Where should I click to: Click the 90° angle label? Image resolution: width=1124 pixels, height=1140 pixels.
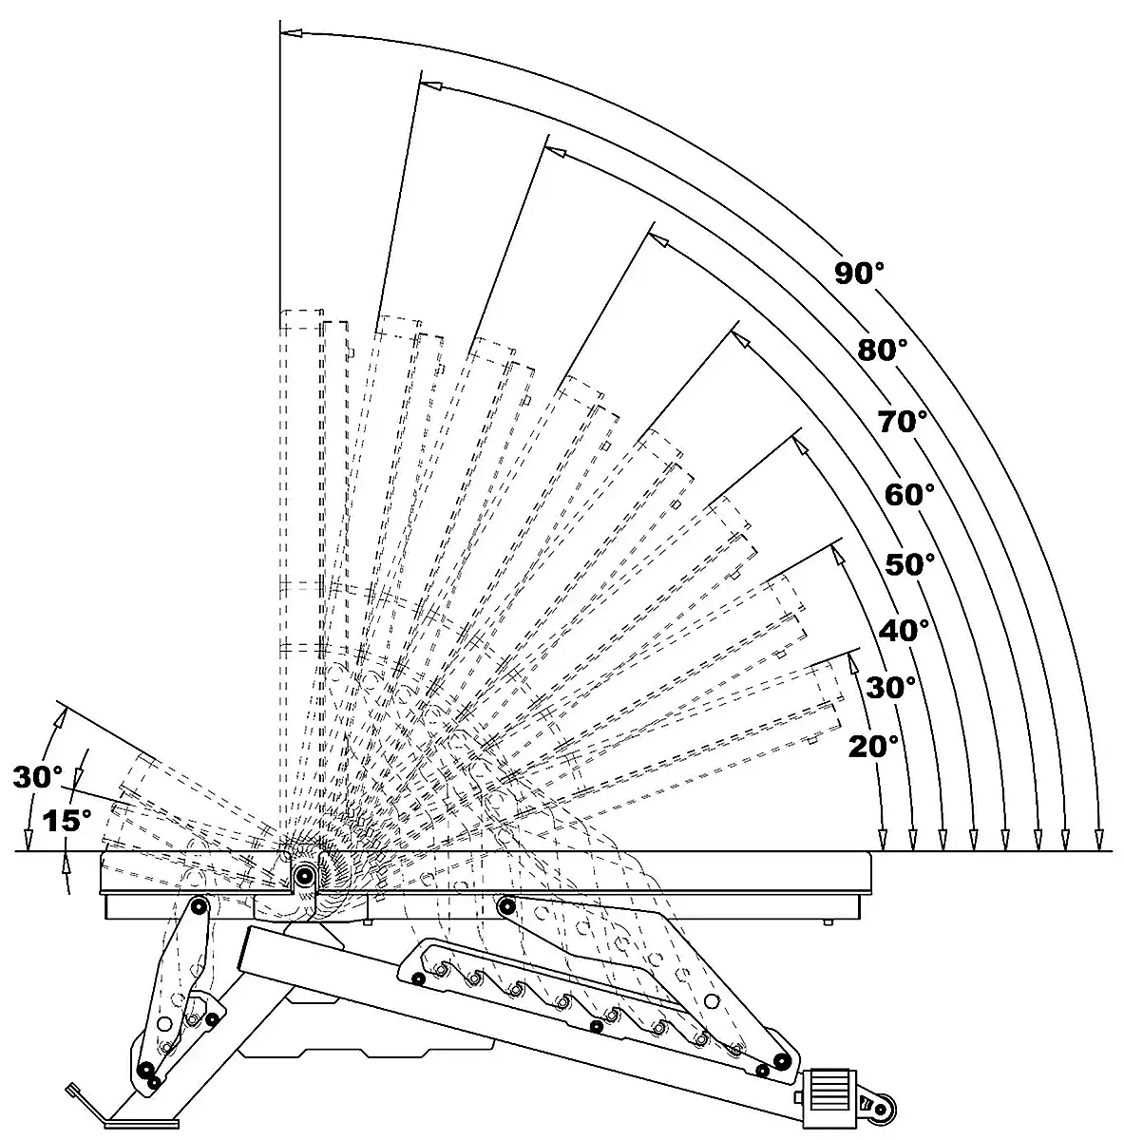coord(860,274)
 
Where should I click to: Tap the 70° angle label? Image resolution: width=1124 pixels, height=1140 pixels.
coord(902,421)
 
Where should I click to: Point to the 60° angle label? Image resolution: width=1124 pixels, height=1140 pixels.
coord(909,494)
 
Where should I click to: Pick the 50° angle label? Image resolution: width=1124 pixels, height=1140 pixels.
coord(910,565)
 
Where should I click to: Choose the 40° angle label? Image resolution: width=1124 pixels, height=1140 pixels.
coord(904,630)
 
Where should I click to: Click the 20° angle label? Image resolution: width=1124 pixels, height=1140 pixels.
coord(873,746)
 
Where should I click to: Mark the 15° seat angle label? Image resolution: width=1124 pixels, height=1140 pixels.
coord(67,821)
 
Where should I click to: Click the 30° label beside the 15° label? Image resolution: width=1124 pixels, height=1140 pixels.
coord(38,777)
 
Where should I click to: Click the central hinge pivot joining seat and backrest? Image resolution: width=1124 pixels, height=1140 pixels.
coord(305,875)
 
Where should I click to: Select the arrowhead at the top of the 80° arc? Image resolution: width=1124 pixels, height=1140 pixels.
coord(432,85)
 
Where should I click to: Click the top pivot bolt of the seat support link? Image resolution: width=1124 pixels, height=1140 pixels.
coord(200,906)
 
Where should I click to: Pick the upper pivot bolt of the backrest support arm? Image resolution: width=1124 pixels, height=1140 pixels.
coord(506,904)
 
